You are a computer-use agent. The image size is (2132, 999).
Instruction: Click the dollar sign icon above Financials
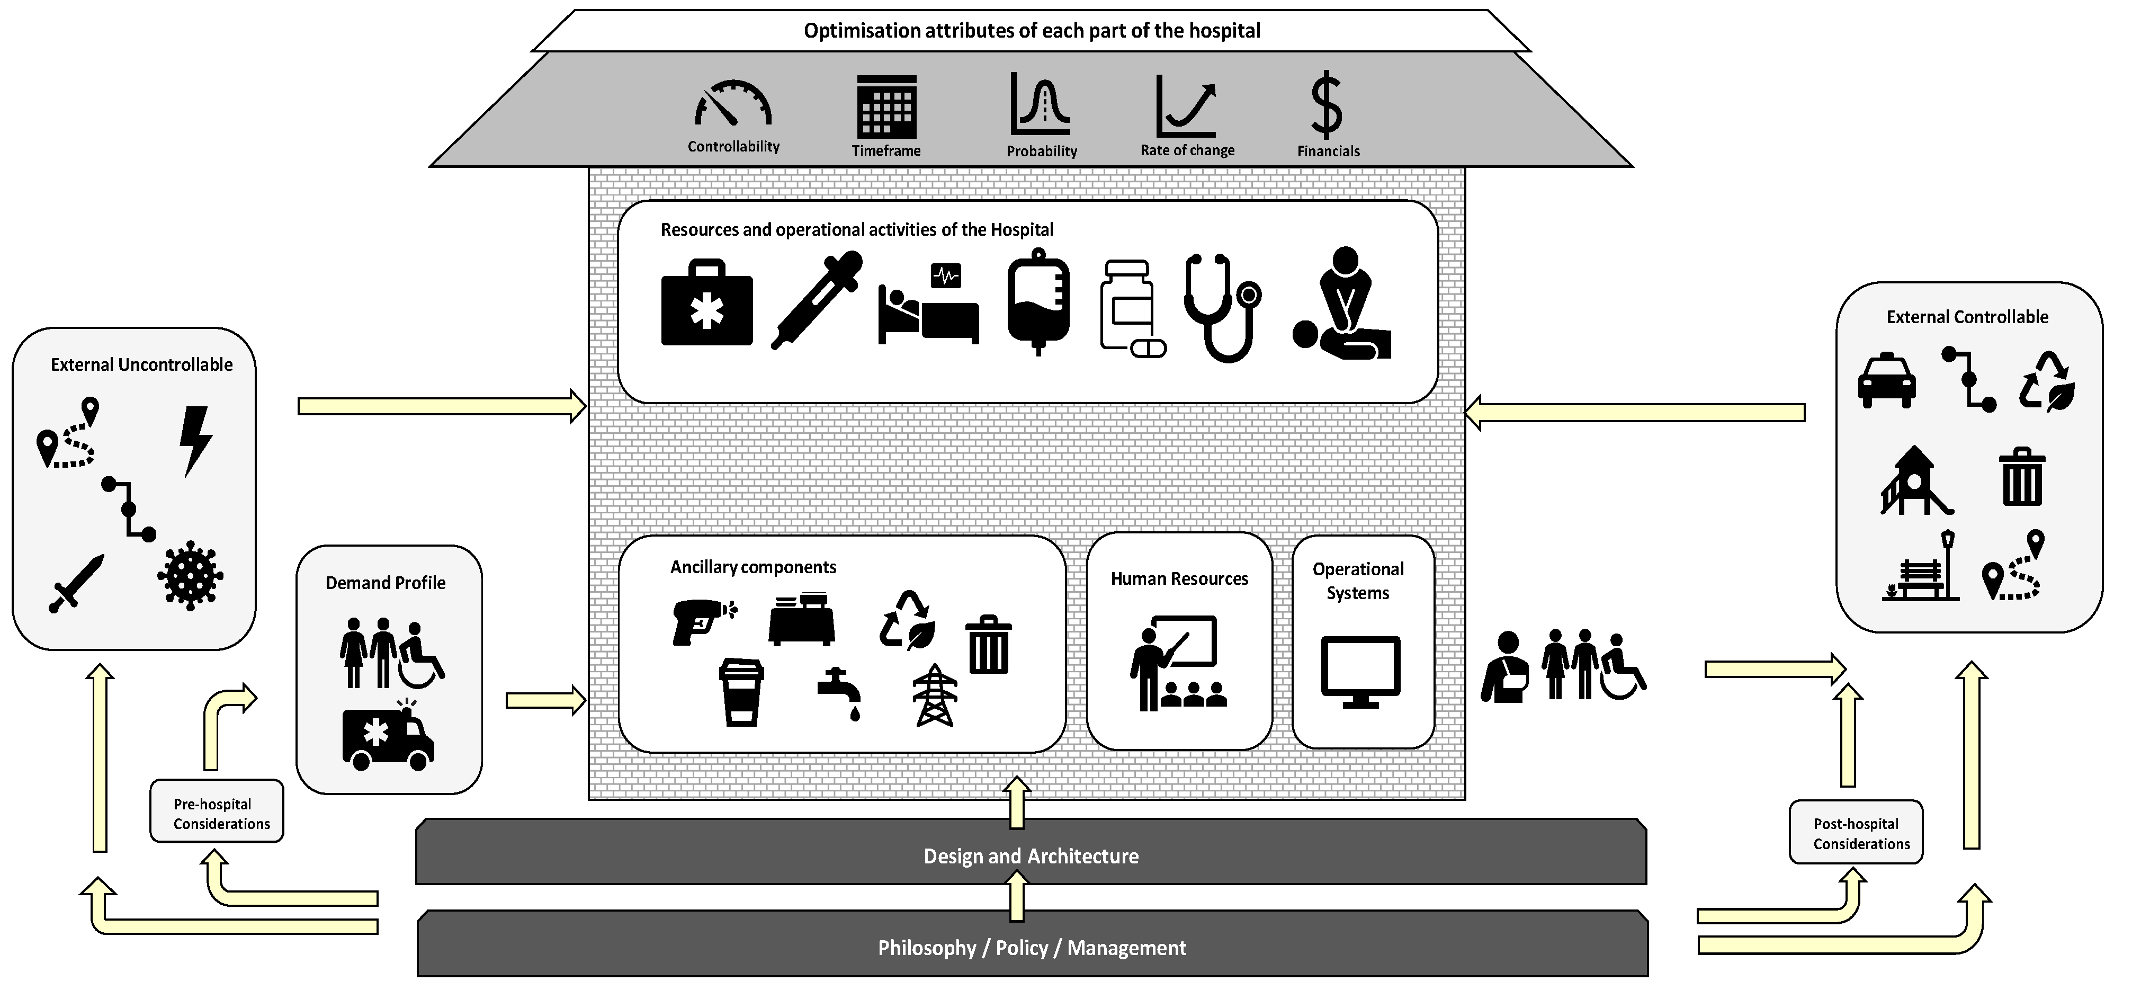pos(1327,106)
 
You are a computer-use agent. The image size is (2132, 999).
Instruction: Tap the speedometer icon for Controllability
pos(732,106)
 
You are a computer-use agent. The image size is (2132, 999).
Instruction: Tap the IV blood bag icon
pos(1038,301)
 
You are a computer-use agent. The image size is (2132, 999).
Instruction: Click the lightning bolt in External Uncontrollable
pos(195,440)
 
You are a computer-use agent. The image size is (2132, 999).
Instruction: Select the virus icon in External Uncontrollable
pos(190,576)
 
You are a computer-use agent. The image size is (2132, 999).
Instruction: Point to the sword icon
pos(77,583)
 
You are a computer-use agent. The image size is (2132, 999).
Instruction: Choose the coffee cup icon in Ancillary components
pos(741,692)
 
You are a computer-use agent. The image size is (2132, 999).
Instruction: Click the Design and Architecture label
pos(1031,856)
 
